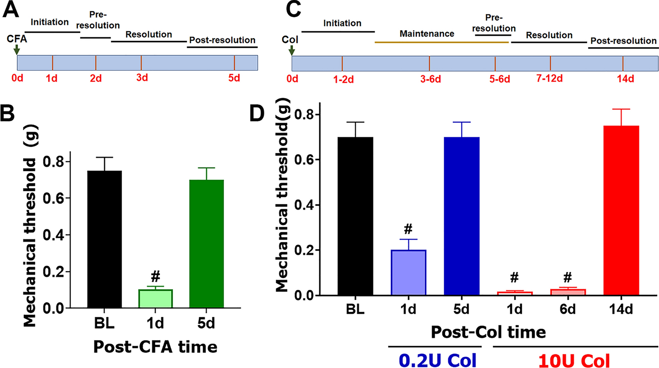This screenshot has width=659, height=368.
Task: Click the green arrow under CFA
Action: [x=16, y=49]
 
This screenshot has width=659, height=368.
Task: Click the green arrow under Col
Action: [x=292, y=50]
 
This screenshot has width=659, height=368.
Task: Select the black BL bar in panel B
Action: [x=105, y=239]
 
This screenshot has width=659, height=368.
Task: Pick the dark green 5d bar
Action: [x=206, y=243]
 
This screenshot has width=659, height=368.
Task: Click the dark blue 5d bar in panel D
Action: [x=462, y=216]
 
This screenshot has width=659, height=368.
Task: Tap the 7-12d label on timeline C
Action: [x=549, y=78]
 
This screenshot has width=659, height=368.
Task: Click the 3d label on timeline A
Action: [x=142, y=77]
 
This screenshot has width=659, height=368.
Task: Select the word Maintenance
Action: [x=427, y=34]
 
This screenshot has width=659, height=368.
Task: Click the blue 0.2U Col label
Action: [x=438, y=360]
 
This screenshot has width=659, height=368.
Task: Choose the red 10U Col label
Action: [x=574, y=360]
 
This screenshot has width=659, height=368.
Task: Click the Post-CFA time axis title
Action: [x=155, y=346]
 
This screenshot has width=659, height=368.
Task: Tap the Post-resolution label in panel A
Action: [x=222, y=40]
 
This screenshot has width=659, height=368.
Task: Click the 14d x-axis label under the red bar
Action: [x=621, y=309]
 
